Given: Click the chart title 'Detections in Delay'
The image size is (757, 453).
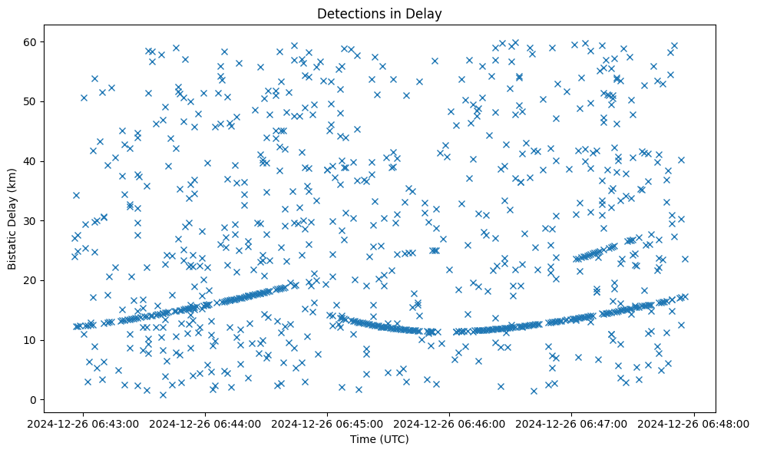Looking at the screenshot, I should (x=379, y=13).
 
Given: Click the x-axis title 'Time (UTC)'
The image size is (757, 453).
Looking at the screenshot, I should (x=379, y=439).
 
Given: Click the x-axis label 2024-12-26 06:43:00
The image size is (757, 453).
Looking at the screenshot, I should (x=84, y=423).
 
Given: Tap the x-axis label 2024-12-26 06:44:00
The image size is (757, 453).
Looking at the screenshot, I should (x=207, y=423).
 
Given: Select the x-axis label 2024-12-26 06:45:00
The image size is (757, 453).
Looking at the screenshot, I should (x=329, y=423).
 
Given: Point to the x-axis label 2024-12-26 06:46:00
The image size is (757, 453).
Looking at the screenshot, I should (x=451, y=423).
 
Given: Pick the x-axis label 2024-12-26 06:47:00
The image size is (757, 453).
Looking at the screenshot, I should (x=573, y=423).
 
